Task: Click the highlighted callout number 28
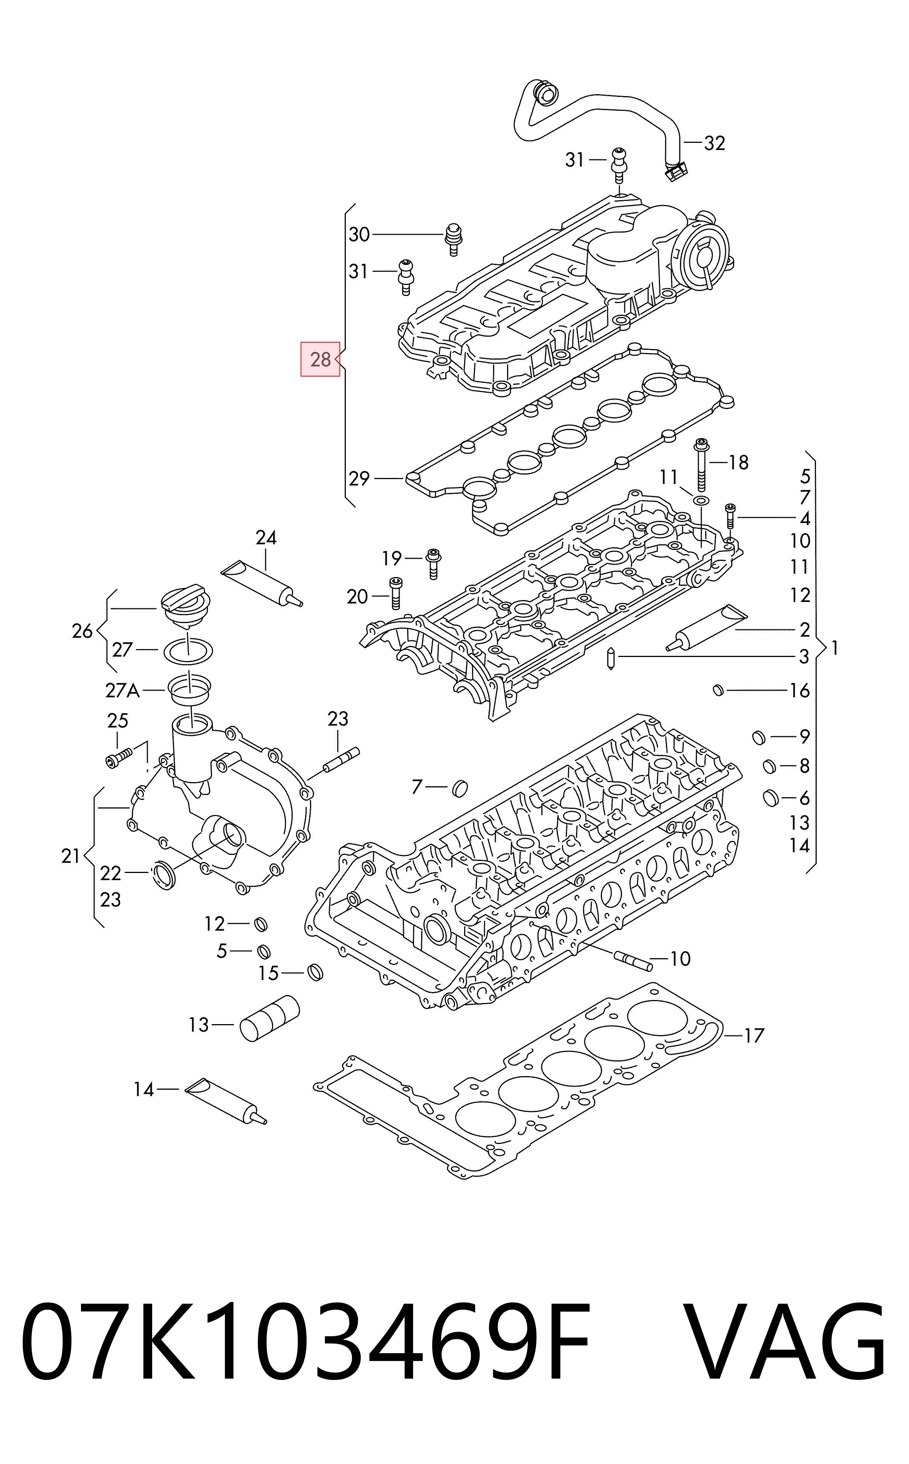321,359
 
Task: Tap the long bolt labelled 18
701,465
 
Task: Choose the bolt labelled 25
117,758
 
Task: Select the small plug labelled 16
717,689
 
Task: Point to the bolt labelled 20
396,593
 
